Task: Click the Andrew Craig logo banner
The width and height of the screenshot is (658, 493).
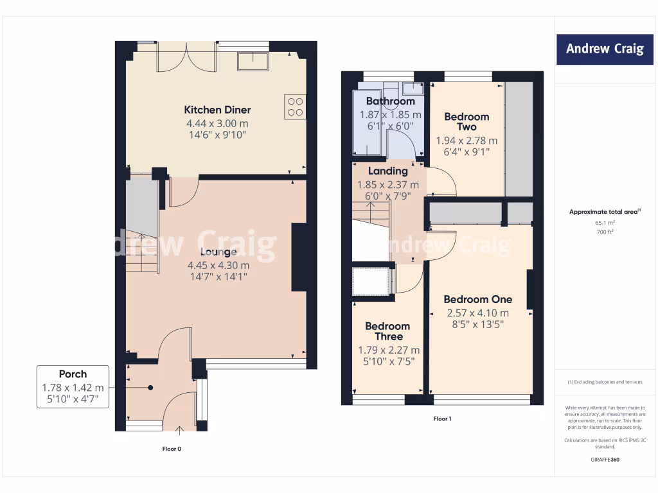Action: pyautogui.click(x=605, y=49)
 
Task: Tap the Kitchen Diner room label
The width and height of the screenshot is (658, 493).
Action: pyautogui.click(x=217, y=110)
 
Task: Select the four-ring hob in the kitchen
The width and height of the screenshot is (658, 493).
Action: pyautogui.click(x=294, y=107)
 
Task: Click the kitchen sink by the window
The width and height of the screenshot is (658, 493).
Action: pyautogui.click(x=253, y=61)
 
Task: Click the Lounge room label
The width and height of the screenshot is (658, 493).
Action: pyautogui.click(x=217, y=252)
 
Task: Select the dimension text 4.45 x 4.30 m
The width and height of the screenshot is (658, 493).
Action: pyautogui.click(x=218, y=265)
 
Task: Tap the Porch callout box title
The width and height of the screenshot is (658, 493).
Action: pyautogui.click(x=73, y=374)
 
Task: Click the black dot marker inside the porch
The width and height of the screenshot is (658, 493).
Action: pyautogui.click(x=150, y=388)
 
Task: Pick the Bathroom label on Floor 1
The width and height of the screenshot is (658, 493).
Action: pyautogui.click(x=390, y=101)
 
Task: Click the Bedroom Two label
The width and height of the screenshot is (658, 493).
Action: pyautogui.click(x=467, y=122)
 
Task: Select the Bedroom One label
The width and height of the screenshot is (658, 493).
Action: pyautogui.click(x=477, y=299)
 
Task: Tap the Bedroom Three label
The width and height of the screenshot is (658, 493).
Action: pyautogui.click(x=388, y=331)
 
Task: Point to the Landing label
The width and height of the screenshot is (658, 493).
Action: pyautogui.click(x=387, y=171)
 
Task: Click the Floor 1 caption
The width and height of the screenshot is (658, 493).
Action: pyautogui.click(x=442, y=419)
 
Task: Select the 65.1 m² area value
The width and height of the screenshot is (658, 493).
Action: pyautogui.click(x=605, y=223)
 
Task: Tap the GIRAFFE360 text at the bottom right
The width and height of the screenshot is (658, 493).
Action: pyautogui.click(x=605, y=460)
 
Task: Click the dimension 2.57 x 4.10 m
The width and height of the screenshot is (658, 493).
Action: pyautogui.click(x=477, y=313)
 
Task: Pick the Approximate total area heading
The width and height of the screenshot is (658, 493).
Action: pyautogui.click(x=605, y=211)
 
